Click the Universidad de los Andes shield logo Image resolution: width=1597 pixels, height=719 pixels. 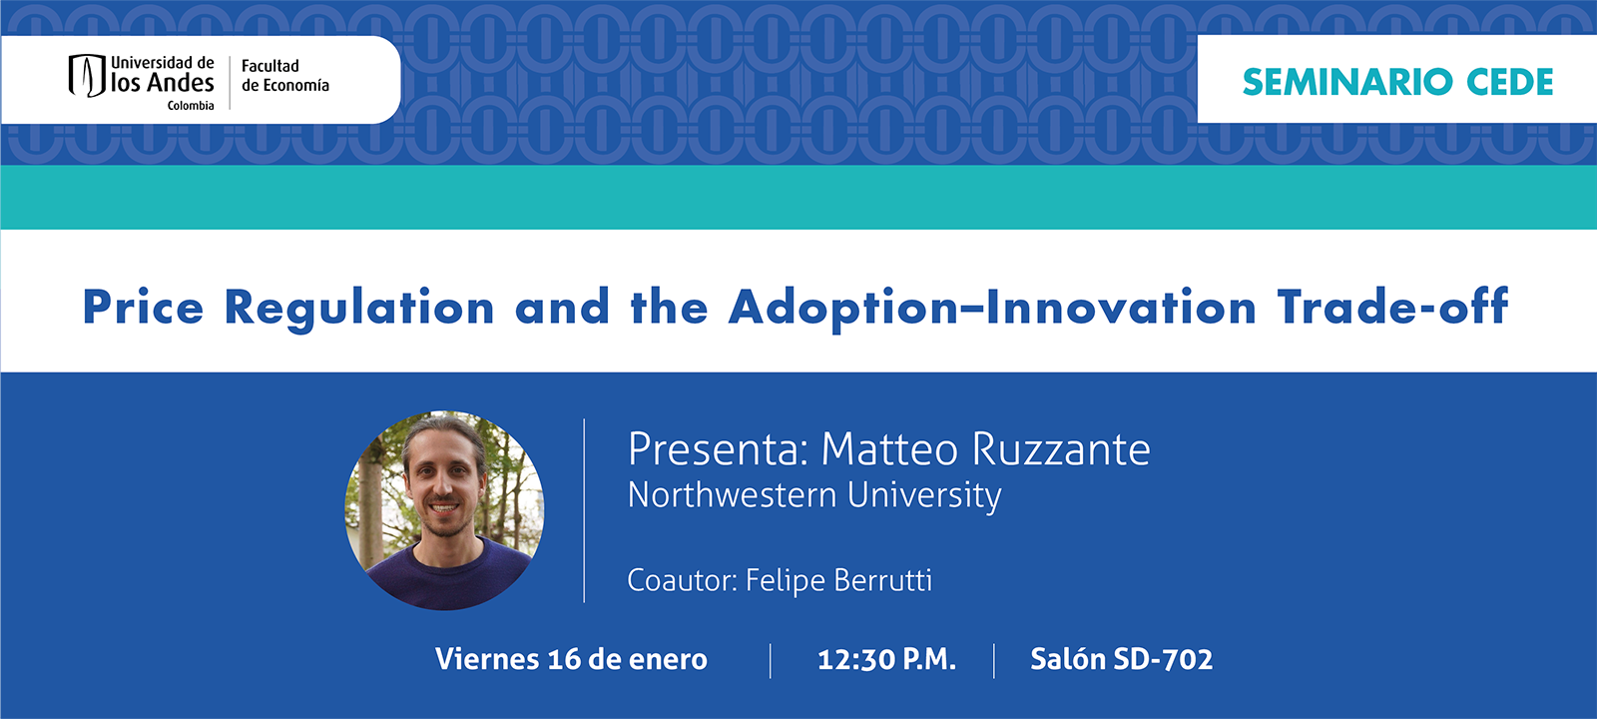(87, 76)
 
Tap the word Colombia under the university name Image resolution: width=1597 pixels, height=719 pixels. (190, 106)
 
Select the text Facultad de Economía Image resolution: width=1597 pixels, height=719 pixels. (284, 76)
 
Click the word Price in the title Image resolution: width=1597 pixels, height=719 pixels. (143, 308)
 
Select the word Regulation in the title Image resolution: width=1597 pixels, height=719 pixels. (359, 308)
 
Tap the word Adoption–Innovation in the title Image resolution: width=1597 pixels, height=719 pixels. (992, 308)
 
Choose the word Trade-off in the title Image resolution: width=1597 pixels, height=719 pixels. (1392, 308)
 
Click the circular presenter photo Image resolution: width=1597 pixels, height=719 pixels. (444, 510)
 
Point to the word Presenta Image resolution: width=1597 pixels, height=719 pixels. (717, 449)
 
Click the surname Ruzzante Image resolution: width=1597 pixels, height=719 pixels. (1060, 449)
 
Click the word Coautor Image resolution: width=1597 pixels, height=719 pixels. (682, 580)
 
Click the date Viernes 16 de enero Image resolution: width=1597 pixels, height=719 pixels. (571, 659)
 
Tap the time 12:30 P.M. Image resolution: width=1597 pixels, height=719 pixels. (886, 659)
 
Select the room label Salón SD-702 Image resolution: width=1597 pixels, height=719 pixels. (1121, 659)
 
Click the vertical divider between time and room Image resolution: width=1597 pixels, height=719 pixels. (994, 660)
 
